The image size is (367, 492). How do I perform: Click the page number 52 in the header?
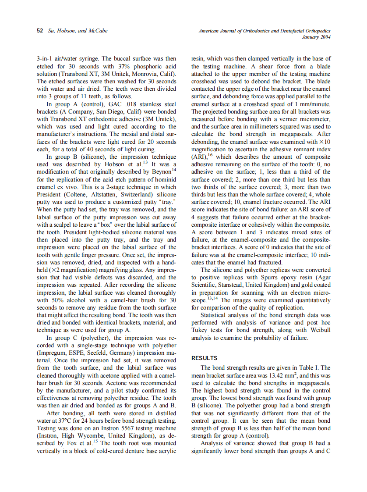[40, 31]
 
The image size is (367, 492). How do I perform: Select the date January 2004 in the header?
[316, 37]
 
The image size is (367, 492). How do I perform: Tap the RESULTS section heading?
[205, 358]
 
